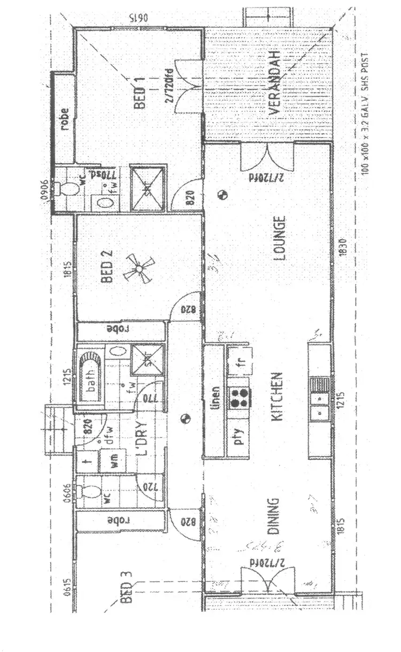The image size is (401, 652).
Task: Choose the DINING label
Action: coord(273,517)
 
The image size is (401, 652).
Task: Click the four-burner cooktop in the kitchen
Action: coord(239,397)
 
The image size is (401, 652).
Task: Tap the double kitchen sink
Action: coord(320,405)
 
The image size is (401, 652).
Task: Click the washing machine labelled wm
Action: coord(114,464)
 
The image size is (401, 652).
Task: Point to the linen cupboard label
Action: coord(215,398)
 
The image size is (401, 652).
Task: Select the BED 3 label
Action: coord(126,589)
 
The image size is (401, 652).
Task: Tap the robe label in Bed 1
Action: coord(64,119)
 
